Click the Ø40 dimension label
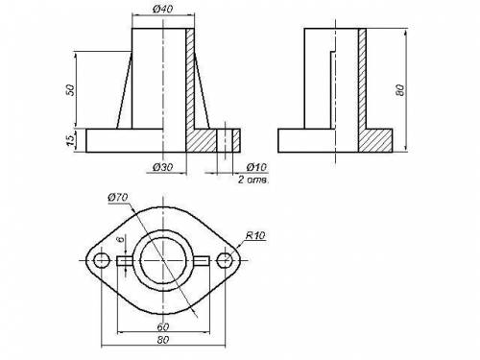[x=163, y=9]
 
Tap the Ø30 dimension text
[x=163, y=167]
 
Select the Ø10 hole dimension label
[x=256, y=167]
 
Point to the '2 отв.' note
[x=252, y=180]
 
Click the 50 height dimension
[x=70, y=90]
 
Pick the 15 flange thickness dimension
[x=70, y=140]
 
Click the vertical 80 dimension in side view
[x=400, y=90]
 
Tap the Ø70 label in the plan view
[x=118, y=198]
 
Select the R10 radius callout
[x=255, y=235]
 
